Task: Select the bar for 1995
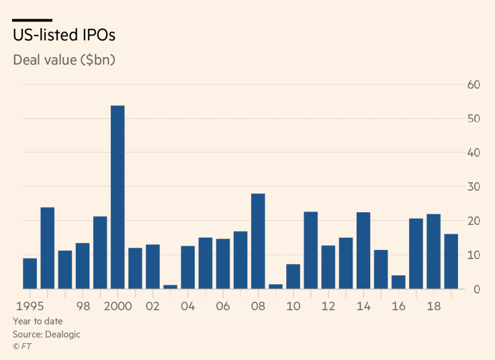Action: (x=30, y=273)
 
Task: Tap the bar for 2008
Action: (x=258, y=241)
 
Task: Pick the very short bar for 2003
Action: (x=171, y=287)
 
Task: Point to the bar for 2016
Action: (x=398, y=282)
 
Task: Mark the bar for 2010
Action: (x=293, y=276)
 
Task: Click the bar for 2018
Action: (x=433, y=251)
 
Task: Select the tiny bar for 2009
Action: (x=275, y=287)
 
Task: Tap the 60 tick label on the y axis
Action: (x=474, y=85)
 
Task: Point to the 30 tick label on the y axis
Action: (x=474, y=187)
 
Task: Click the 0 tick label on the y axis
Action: (x=476, y=289)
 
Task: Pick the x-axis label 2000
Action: (x=118, y=306)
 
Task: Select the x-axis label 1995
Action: (x=26, y=306)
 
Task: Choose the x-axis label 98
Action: (x=83, y=306)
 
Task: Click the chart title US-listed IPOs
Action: (x=59, y=35)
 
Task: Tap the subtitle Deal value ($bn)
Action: (x=64, y=59)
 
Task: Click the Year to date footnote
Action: (x=38, y=321)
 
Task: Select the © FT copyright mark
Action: (x=22, y=347)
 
